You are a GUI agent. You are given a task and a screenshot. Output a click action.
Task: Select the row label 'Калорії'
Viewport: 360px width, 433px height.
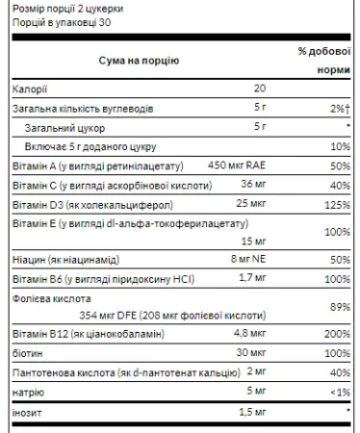point(29,88)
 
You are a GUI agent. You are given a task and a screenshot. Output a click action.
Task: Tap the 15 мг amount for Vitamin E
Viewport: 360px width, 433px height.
point(255,242)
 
